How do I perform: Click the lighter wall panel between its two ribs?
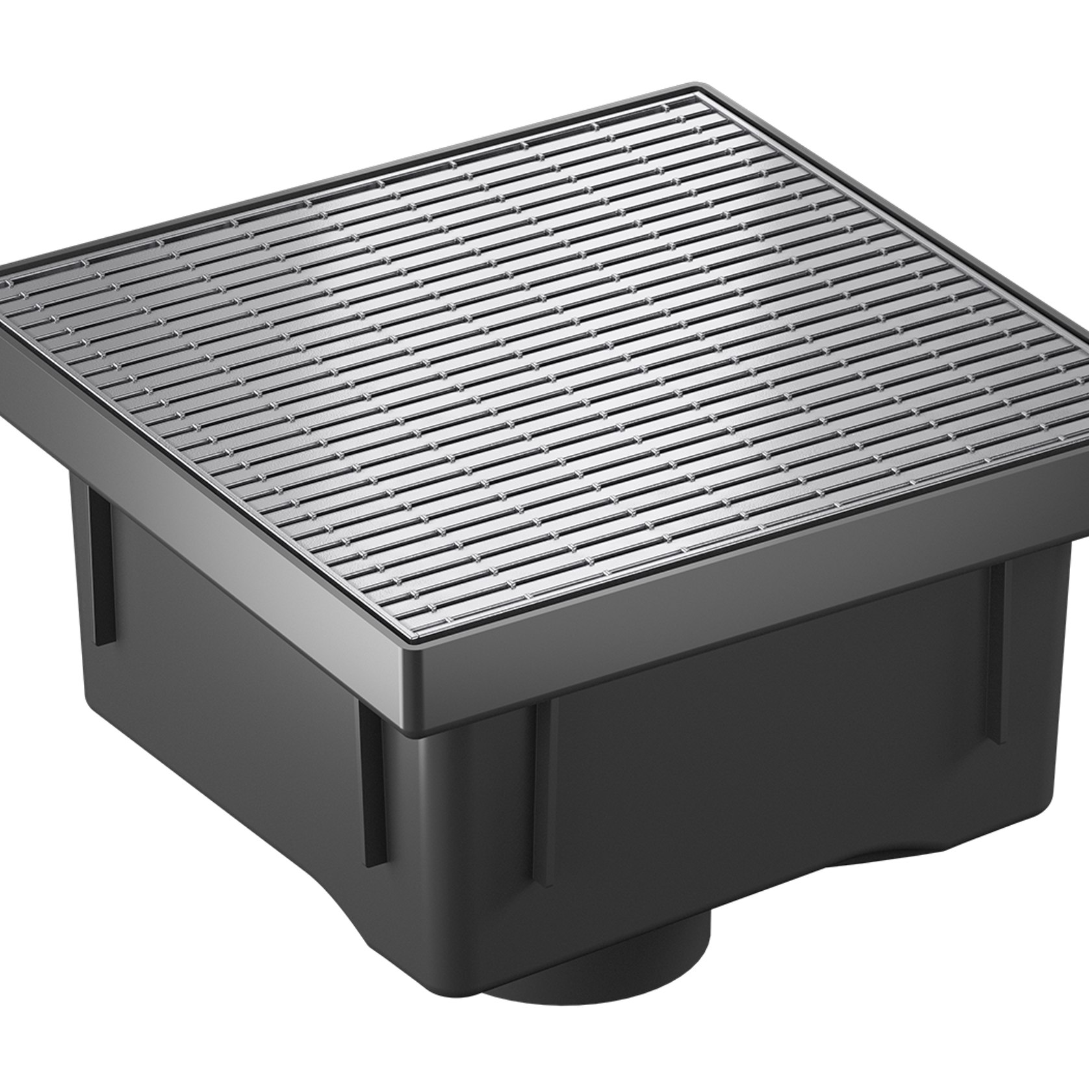point(234,702)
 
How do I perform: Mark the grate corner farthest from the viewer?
point(698,97)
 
